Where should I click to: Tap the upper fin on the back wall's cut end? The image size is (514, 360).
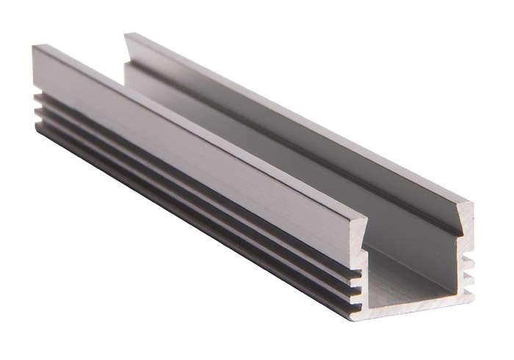tap(469, 262)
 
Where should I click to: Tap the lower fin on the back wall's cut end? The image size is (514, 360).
tap(469, 277)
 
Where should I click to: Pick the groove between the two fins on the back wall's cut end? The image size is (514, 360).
tap(467, 270)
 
